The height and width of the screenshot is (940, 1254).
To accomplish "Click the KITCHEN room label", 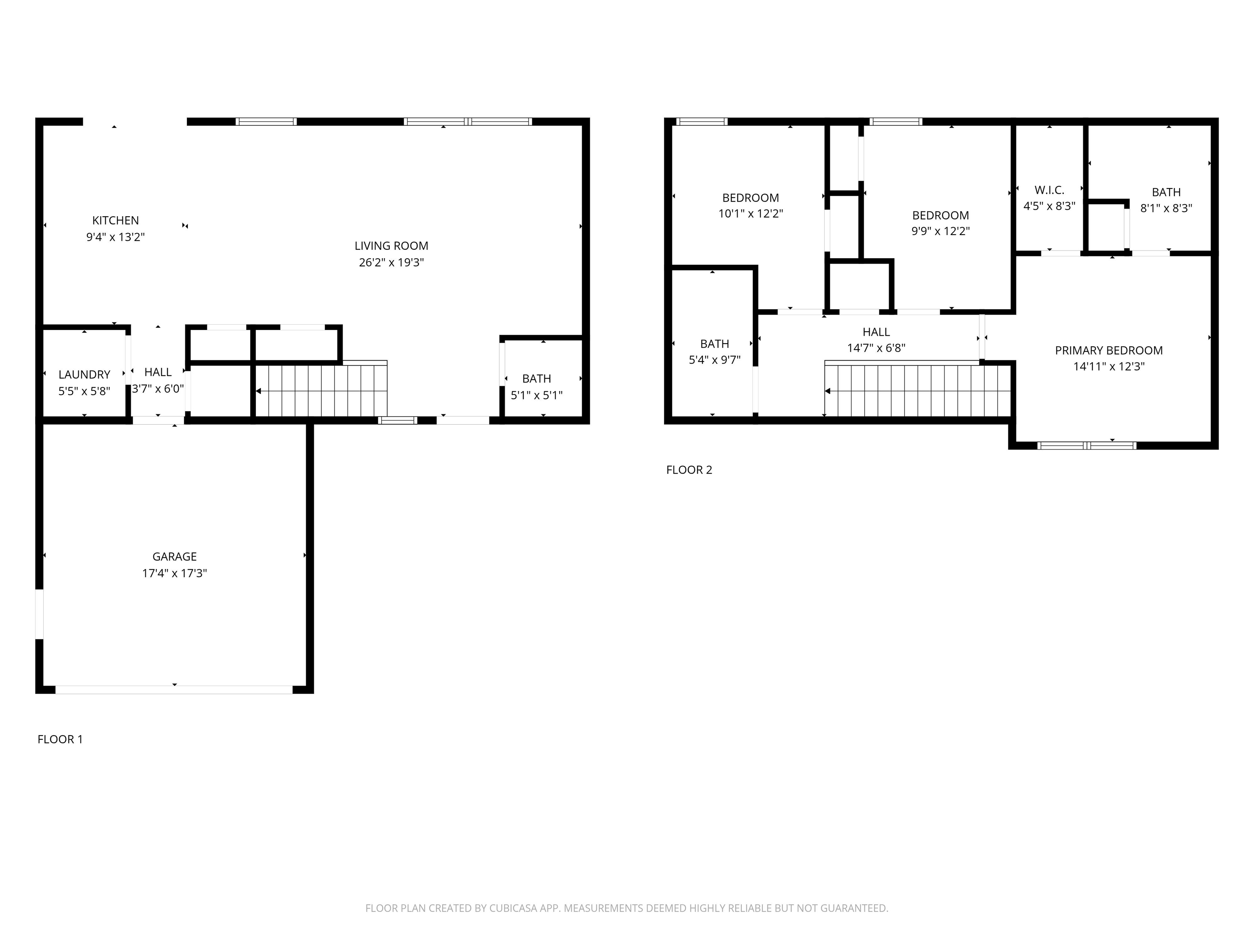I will [x=115, y=220].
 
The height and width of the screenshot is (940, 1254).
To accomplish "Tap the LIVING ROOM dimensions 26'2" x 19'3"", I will [x=391, y=262].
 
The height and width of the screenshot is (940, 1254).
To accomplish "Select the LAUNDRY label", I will [x=84, y=375].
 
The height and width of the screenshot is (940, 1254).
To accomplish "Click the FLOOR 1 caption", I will [x=60, y=739].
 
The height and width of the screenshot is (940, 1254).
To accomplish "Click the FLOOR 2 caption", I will [x=689, y=470].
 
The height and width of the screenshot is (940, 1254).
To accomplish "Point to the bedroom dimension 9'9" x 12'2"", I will [x=940, y=231].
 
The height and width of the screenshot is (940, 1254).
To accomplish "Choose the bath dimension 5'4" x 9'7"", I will [x=714, y=360].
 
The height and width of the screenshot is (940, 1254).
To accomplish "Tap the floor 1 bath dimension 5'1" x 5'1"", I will [x=536, y=395].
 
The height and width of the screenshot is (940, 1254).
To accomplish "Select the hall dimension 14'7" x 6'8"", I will [x=876, y=348].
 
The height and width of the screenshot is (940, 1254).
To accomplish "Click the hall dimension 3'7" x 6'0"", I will [x=158, y=389].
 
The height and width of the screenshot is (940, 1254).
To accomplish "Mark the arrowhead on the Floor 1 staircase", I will [x=258, y=391].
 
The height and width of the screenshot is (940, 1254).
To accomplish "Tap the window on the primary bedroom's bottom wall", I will [x=1086, y=446].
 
